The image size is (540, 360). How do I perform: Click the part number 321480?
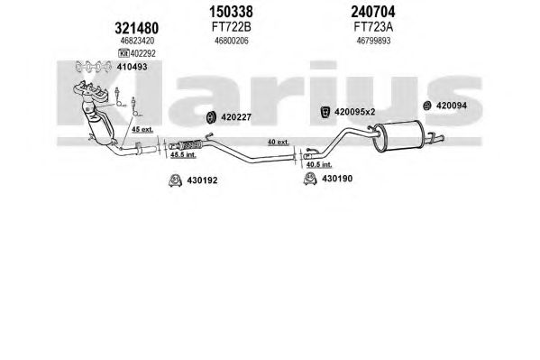coord(137,28)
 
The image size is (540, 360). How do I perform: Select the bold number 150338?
coord(231,12)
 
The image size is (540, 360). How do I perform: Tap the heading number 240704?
coord(373,12)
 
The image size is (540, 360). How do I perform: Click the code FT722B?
coord(231,27)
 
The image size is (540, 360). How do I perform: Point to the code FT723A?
coord(373,27)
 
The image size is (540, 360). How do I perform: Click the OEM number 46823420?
coord(137,41)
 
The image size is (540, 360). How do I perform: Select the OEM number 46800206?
coord(232,41)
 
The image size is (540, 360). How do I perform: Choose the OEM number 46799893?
coord(373,41)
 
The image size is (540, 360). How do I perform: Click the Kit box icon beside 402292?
coord(124,53)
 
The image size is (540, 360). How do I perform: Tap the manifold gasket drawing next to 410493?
coord(94,67)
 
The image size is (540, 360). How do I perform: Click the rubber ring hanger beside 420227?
coord(211,117)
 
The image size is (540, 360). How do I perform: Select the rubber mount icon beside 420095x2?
coord(325,112)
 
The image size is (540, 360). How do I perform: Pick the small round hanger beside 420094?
coord(427,106)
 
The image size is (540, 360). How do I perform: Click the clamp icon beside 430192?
coord(175,180)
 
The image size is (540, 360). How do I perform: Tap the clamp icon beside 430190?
coord(310,179)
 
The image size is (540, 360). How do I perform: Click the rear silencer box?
coord(398,136)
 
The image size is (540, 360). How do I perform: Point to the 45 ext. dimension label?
coord(142,130)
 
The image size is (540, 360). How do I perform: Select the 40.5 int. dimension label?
coord(319,165)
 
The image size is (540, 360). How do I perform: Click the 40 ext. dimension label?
coord(279,142)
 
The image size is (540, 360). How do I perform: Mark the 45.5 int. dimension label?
coord(183,155)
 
